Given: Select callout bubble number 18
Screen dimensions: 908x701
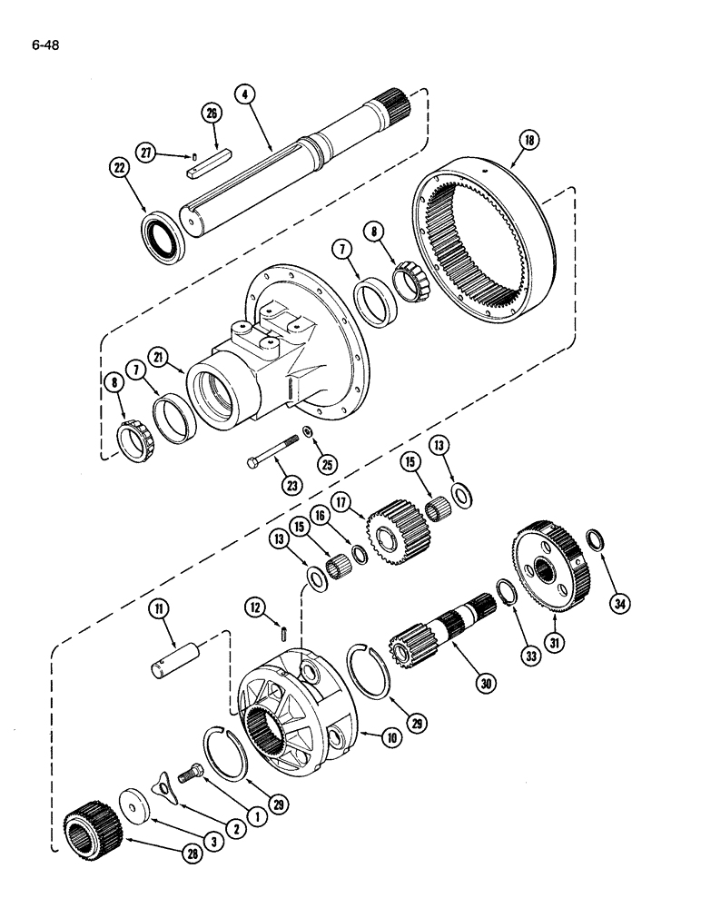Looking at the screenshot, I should [528, 141].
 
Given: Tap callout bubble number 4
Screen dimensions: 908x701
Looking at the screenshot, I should [243, 93].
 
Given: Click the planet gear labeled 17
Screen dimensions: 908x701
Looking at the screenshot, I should [397, 530].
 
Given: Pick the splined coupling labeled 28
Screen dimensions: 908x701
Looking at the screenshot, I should [90, 823].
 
